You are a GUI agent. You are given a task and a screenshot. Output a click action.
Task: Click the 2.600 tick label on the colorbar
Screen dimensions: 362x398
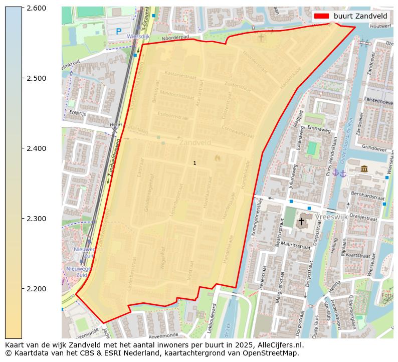point(36,8)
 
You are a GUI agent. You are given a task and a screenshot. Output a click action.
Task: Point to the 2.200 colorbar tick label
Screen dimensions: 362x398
point(36,289)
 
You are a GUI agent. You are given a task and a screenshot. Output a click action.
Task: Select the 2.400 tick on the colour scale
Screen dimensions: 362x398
point(36,148)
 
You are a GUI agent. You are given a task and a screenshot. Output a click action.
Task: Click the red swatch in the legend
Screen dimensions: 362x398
point(321,16)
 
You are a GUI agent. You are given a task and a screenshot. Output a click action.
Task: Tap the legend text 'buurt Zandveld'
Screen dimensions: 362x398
point(360,16)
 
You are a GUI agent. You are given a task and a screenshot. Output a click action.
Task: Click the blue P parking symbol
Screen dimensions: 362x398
point(118,32)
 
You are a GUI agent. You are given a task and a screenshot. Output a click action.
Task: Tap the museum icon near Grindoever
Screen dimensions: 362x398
point(364,169)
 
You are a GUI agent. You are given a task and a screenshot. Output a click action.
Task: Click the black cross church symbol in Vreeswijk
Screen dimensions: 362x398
point(301,221)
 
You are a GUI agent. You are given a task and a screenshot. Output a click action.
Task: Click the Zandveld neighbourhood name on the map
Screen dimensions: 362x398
point(195,143)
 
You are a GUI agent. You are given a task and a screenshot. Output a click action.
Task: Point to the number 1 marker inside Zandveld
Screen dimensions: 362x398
point(194,163)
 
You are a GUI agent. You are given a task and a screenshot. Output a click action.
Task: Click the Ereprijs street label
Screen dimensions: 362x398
point(79,113)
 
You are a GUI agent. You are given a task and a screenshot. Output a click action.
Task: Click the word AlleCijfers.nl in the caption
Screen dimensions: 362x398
point(279,345)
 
